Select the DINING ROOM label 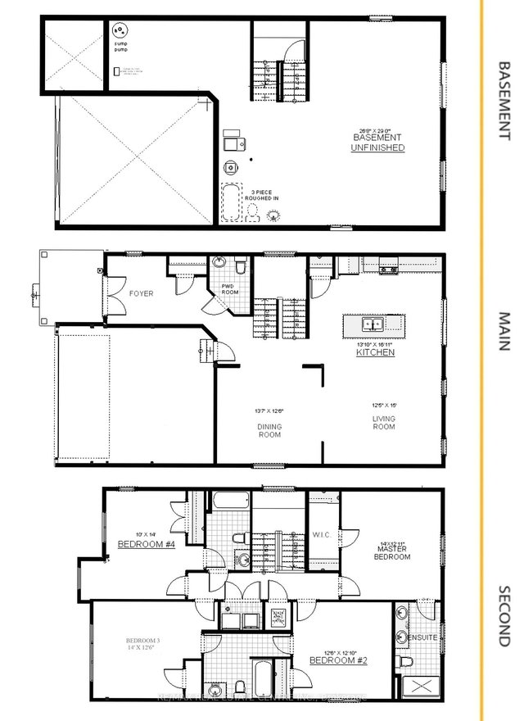269,430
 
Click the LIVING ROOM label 383,423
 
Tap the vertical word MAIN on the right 504,332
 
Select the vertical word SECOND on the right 504,614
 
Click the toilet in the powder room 240,265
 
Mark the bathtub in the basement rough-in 232,202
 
